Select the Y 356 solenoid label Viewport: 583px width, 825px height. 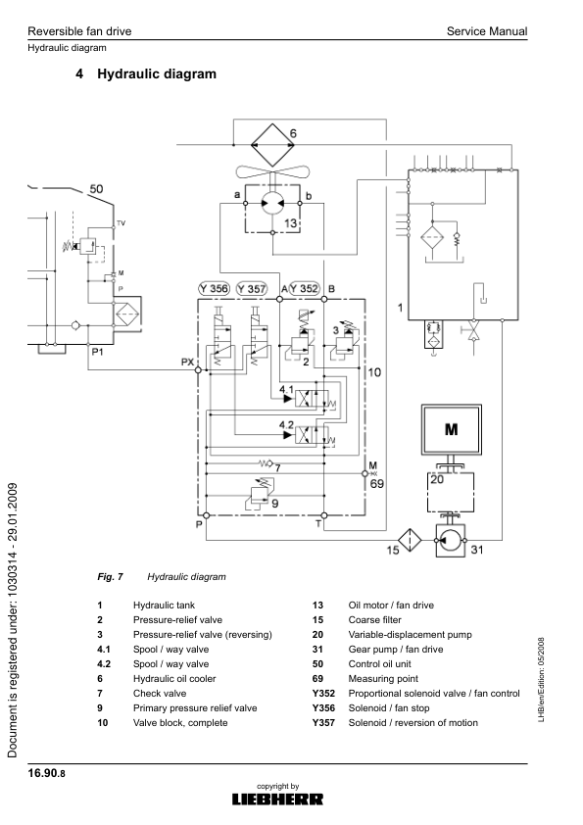[214, 288]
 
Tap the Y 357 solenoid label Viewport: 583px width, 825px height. [252, 288]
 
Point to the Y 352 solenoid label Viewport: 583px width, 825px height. [304, 288]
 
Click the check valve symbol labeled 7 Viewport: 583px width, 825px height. [264, 462]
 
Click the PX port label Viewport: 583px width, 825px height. [187, 363]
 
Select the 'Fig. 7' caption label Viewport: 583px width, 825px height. [97, 577]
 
